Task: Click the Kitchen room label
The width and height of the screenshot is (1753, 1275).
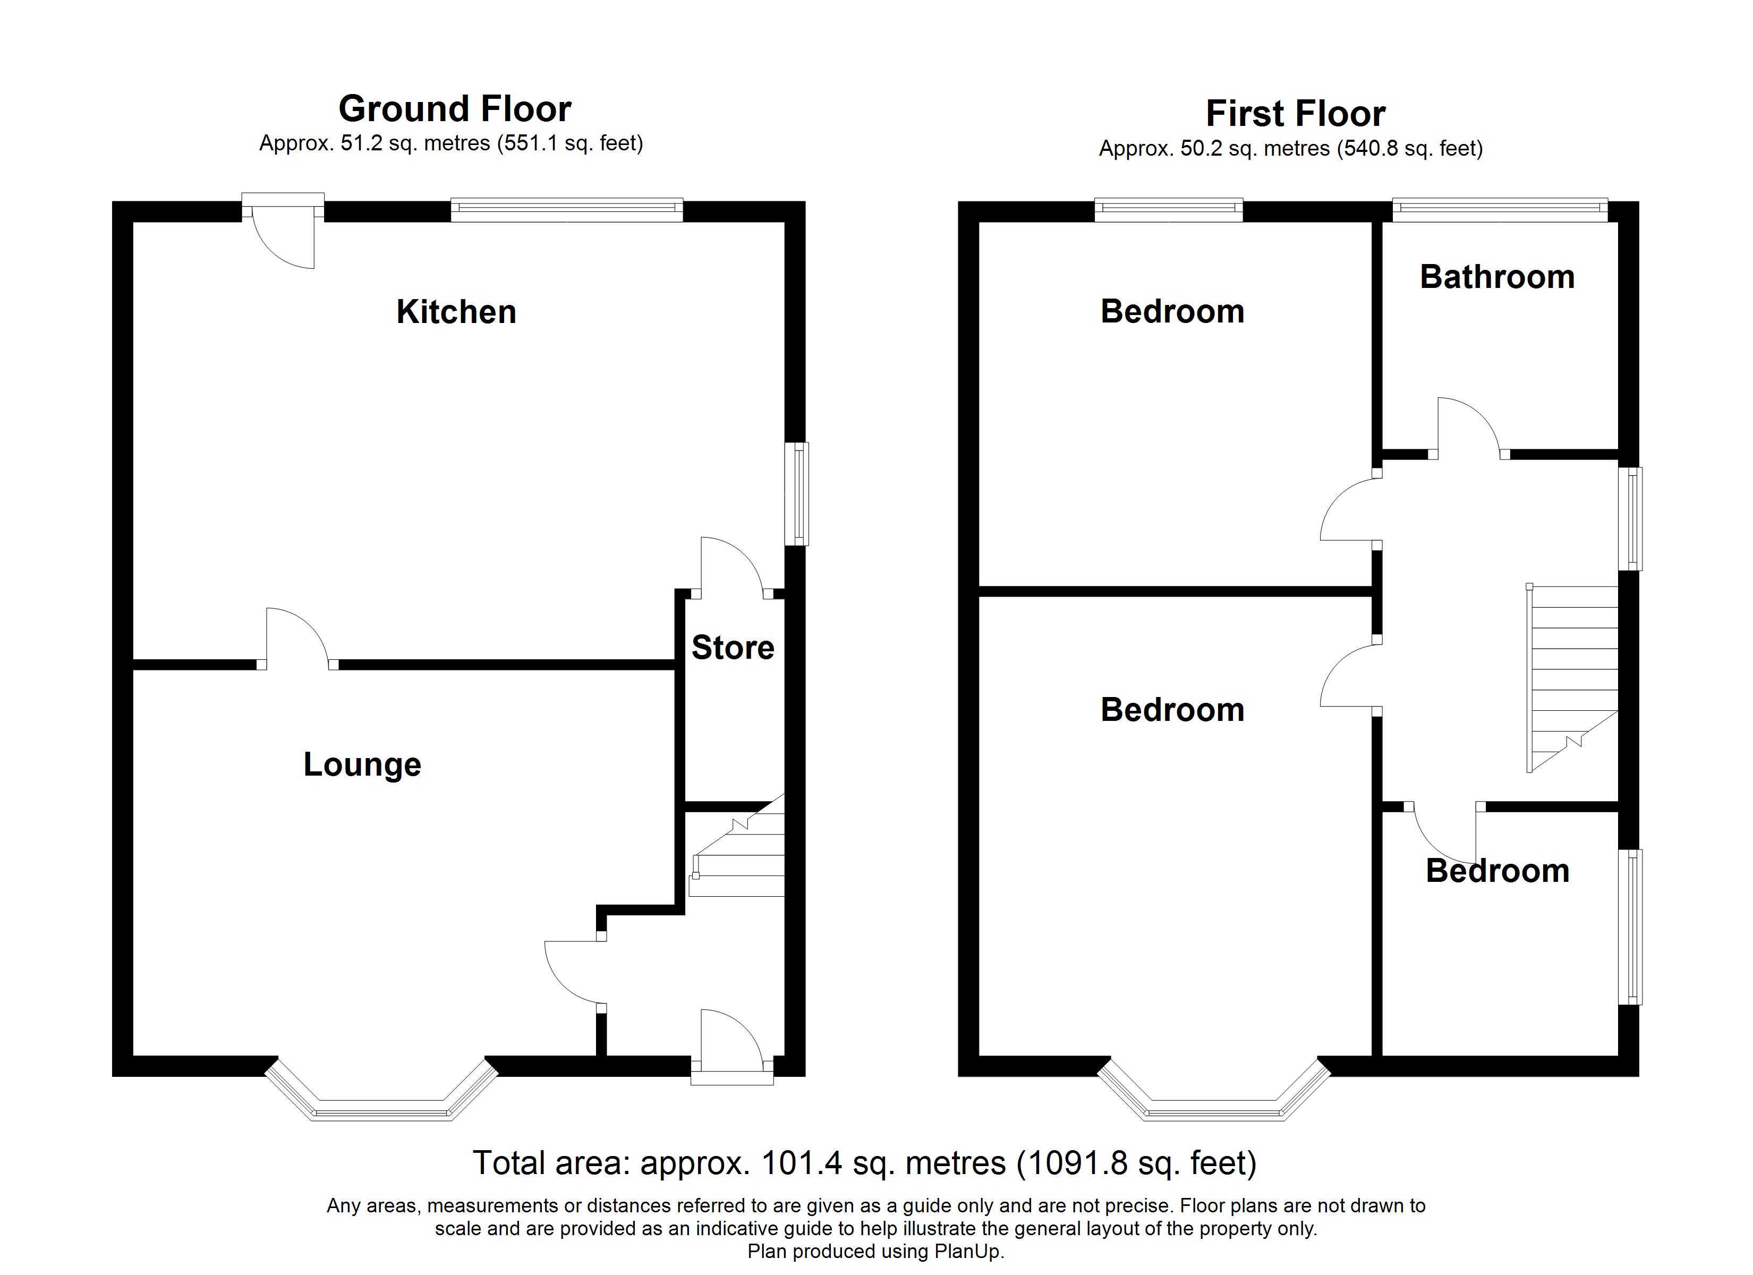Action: point(456,312)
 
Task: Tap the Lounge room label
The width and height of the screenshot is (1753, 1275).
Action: point(362,764)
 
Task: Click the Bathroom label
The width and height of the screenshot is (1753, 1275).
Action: point(1497,277)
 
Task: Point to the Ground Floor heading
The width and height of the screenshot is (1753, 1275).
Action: point(455,109)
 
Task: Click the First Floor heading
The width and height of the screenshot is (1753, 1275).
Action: point(1296,114)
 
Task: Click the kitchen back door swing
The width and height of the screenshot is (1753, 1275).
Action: point(284,232)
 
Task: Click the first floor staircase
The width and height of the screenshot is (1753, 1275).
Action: point(1573,678)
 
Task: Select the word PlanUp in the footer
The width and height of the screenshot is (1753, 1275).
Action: point(967,1252)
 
